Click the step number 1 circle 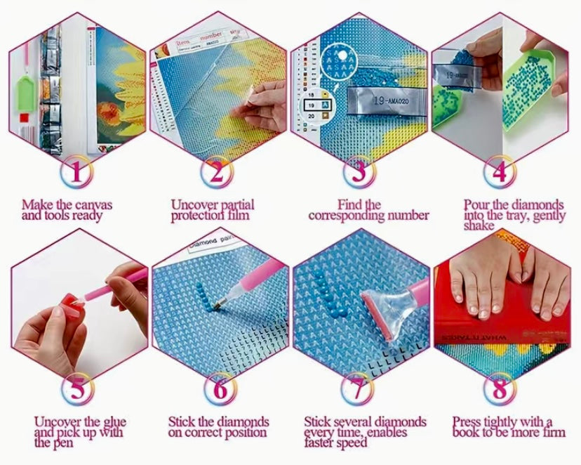pos(79,171)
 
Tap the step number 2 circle pos(218,171)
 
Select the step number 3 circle pos(359,171)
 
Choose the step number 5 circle pos(79,389)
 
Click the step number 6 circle pos(218,389)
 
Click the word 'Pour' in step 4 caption pos(477,205)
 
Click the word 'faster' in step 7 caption pos(323,443)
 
